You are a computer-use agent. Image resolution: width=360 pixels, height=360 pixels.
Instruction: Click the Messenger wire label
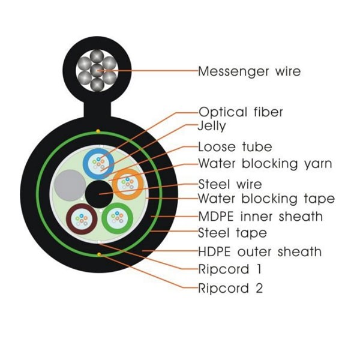[x=249, y=72]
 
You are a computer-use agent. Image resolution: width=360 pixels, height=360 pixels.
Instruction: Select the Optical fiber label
[x=241, y=112]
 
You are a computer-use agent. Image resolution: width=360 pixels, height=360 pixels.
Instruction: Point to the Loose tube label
[x=235, y=147]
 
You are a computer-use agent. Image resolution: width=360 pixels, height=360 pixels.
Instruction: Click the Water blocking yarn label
[x=265, y=163]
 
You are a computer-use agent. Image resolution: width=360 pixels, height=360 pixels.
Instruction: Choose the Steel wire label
[x=230, y=184]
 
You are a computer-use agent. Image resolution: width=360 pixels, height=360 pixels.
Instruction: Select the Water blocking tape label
[x=266, y=199]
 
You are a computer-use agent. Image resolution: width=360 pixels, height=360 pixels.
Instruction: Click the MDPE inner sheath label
[x=260, y=216]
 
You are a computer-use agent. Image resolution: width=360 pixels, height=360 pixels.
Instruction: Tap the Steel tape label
[x=232, y=232]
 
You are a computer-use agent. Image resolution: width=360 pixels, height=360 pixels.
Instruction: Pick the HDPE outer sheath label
[x=260, y=251]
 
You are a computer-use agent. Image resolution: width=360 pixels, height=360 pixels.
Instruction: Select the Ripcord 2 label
[x=230, y=288]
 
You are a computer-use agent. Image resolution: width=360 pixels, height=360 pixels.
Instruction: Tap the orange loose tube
[x=127, y=184]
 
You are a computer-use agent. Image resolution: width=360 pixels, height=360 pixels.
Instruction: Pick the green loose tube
[x=117, y=219]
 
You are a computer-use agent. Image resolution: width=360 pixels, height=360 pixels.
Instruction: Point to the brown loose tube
[x=81, y=219]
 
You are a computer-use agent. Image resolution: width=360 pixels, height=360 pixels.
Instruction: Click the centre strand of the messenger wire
[x=96, y=71]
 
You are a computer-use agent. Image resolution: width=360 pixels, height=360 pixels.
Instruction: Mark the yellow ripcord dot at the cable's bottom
[x=98, y=254]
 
